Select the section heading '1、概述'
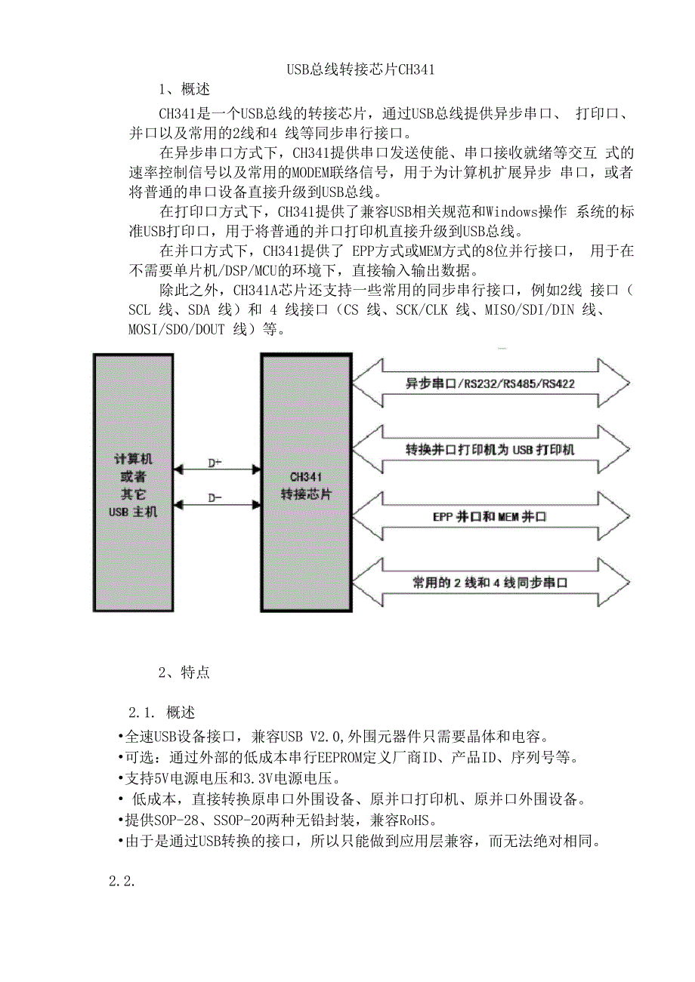click(x=184, y=90)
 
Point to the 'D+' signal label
click(x=215, y=463)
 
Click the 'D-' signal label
click(x=215, y=497)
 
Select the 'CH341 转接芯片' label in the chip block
click(x=306, y=485)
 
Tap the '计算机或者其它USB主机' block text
click(x=134, y=485)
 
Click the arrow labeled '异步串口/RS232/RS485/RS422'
click(x=490, y=383)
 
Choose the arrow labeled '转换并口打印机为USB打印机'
click(x=490, y=449)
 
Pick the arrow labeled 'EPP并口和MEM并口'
click(x=490, y=516)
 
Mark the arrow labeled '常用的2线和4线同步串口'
click(x=490, y=582)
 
